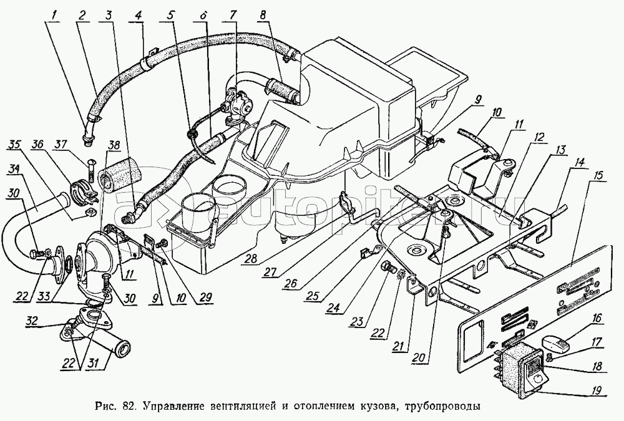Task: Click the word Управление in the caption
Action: click(177, 407)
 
